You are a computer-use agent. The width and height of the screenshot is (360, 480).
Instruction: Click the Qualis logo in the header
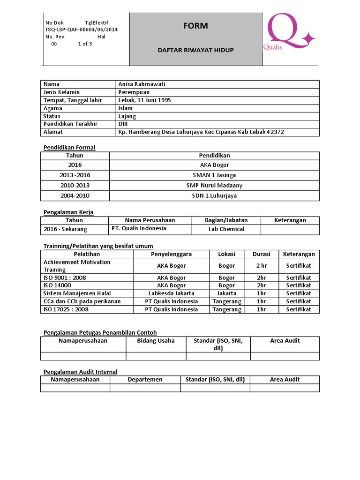click(287, 33)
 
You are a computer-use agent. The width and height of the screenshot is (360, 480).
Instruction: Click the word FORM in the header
click(195, 26)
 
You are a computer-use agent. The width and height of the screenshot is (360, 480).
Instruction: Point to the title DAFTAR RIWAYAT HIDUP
click(195, 50)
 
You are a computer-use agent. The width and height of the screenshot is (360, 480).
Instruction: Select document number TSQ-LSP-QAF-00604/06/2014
click(81, 30)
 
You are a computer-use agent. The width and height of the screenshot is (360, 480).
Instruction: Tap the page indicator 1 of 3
click(85, 44)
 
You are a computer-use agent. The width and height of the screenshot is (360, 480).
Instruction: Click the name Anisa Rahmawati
click(142, 84)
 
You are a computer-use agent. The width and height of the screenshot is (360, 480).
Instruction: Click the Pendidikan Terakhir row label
click(70, 124)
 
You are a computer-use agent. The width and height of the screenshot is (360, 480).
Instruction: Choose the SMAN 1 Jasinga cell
click(214, 175)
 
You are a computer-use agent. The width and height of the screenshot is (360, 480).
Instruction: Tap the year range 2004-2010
click(75, 196)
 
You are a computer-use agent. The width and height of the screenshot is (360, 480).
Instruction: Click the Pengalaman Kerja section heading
click(68, 212)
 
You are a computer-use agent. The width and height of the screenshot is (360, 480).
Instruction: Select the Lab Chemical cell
click(226, 229)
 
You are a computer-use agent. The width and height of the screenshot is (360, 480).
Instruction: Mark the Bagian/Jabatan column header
click(226, 220)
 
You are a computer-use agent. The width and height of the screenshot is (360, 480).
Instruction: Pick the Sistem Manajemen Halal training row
click(77, 293)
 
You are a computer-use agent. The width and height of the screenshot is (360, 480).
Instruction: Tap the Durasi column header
click(262, 254)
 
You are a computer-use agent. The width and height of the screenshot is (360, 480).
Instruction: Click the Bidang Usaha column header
click(156, 341)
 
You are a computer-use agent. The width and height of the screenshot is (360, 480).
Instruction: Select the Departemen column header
click(145, 380)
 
